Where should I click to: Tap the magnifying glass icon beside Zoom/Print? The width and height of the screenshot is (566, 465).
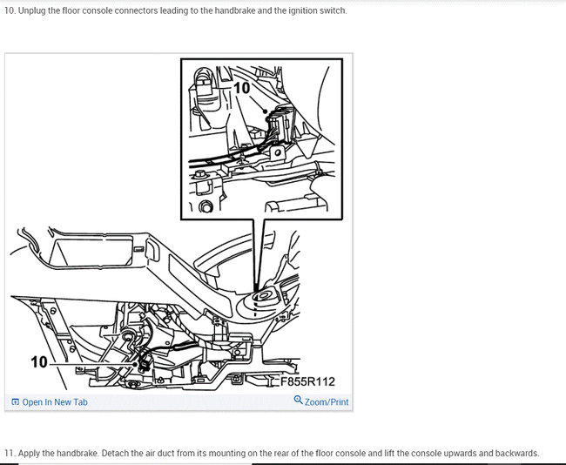[298, 400]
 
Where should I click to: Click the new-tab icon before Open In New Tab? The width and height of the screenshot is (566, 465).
[15, 401]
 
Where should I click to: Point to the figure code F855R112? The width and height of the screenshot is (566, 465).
[308, 381]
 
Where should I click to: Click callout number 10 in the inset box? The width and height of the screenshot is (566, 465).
[242, 88]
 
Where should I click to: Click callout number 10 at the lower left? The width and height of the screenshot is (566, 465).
[39, 362]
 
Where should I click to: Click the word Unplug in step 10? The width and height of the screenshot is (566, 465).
[31, 10]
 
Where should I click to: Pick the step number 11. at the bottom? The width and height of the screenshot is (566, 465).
[10, 453]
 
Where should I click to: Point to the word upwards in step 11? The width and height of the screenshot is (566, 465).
[461, 453]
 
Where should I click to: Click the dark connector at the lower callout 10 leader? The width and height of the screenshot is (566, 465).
[144, 363]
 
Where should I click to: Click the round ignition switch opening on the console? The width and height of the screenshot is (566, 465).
[263, 295]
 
